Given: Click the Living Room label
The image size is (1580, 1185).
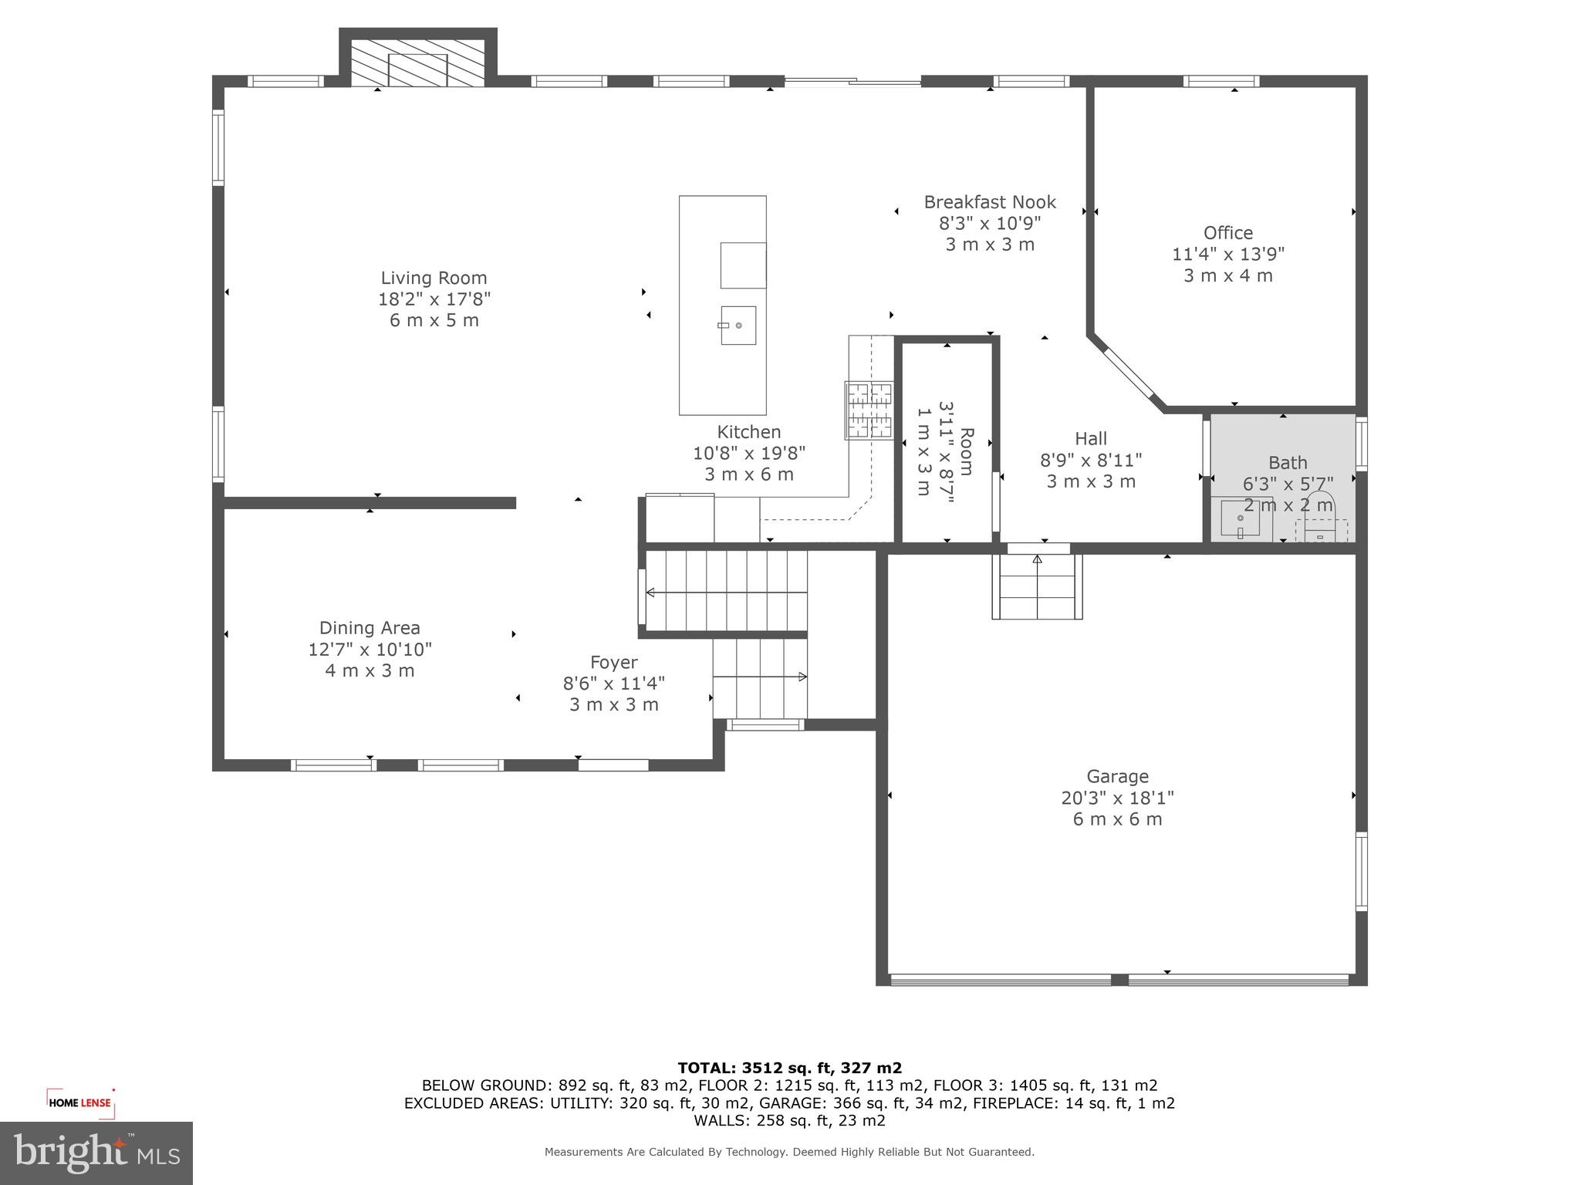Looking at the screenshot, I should coord(434,278).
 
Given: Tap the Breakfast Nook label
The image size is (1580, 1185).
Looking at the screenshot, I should coord(990,202).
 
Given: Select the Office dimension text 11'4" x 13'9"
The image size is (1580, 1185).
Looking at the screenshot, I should coord(1228,254).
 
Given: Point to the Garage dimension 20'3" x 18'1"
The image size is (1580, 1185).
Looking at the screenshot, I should coord(1117,798).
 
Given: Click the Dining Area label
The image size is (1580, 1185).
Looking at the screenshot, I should coord(370,628).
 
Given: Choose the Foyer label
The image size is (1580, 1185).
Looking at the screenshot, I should coord(613,662).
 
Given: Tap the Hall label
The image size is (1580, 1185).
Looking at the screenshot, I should coord(1091,438).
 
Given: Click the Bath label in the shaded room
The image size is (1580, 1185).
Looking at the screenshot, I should coord(1288,462).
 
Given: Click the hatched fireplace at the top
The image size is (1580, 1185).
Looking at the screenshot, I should coord(417,63).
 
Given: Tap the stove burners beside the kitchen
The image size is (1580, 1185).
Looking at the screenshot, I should coord(869,410).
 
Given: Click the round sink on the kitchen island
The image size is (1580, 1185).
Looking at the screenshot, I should coord(738,326).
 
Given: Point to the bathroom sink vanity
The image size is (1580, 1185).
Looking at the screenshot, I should coord(1240,518).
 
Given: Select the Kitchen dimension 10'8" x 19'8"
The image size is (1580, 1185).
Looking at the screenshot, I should coord(748,453).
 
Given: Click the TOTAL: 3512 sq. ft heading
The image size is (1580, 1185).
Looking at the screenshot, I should coord(789,1068).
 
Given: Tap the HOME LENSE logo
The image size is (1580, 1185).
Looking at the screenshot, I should coord(80,1102).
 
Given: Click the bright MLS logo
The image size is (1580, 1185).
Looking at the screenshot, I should coord(96,1153).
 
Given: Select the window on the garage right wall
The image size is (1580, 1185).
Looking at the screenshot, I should coord(1362,871).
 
